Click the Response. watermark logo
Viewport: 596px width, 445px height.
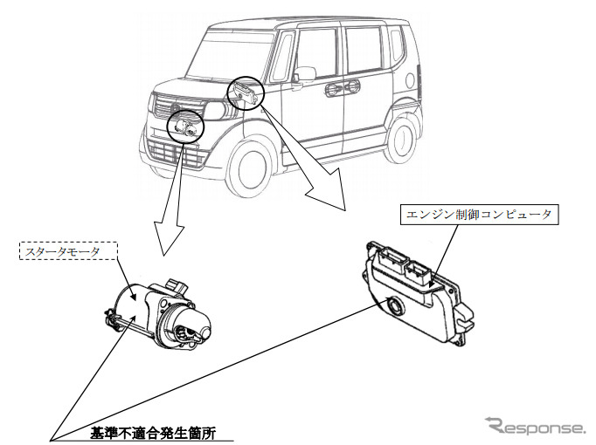pos(536,426)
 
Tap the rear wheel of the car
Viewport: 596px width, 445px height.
pos(402,141)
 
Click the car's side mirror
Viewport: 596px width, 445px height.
pos(303,74)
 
